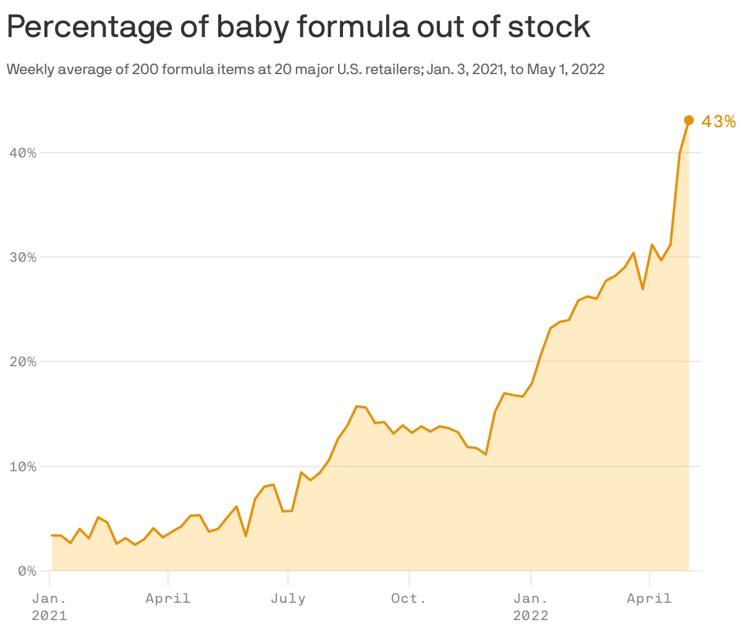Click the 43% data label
tap(719, 122)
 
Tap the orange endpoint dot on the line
tap(689, 120)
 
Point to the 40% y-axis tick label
tap(22, 153)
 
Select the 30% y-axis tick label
tap(22, 257)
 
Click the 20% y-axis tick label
tap(22, 361)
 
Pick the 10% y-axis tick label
tap(22, 466)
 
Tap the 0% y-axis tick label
tap(26, 571)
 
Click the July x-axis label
tap(288, 598)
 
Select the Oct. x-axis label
tap(409, 598)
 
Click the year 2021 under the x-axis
tap(49, 616)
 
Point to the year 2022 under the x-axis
tap(530, 616)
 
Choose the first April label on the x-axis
tap(168, 598)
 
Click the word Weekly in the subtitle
tap(27, 69)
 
